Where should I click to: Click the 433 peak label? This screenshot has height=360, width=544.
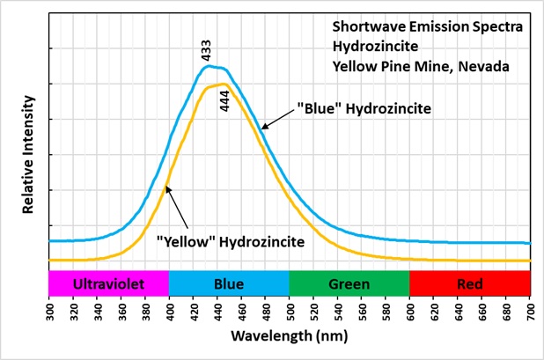[x=208, y=51]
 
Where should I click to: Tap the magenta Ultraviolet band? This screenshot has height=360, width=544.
[x=108, y=283]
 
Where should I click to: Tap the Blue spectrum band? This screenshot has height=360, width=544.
[x=229, y=283]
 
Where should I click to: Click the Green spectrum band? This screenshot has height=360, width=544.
[x=349, y=283]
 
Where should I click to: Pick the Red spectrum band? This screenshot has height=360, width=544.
[x=470, y=283]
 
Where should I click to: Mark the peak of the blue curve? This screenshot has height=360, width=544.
[x=210, y=66]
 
